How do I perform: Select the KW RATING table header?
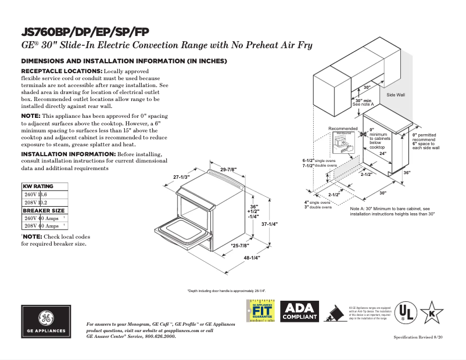pyautogui.click(x=38, y=186)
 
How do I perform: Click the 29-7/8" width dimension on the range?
pyautogui.click(x=228, y=170)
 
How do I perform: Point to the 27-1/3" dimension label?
pyautogui.click(x=182, y=177)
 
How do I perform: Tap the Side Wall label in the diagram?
pyautogui.click(x=396, y=94)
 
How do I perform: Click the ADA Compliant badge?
pyautogui.click(x=300, y=312)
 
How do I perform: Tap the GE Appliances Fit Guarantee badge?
pyautogui.click(x=261, y=312)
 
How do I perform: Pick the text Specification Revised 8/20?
pyautogui.click(x=418, y=337)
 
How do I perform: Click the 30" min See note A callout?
pyautogui.click(x=364, y=102)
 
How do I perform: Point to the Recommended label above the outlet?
pyautogui.click(x=343, y=128)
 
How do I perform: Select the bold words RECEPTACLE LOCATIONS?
pyautogui.click(x=62, y=71)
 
